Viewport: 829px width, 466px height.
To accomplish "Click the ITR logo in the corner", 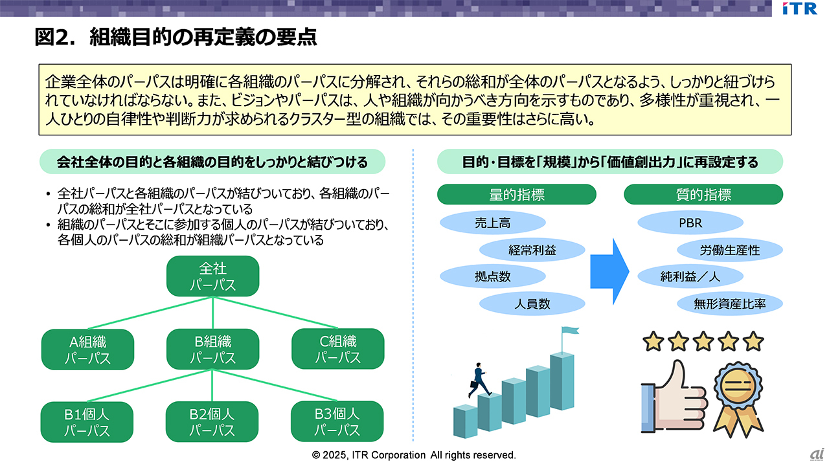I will pyautogui.click(x=799, y=8).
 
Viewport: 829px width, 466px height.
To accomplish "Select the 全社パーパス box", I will pyautogui.click(x=212, y=276).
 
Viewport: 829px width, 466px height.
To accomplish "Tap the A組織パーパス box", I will pyautogui.click(x=87, y=349).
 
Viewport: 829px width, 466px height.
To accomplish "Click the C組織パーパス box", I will pyautogui.click(x=337, y=349).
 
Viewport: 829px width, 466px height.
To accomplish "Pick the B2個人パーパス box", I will pyautogui.click(x=212, y=422).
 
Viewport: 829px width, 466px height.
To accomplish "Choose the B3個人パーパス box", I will pyautogui.click(x=337, y=422).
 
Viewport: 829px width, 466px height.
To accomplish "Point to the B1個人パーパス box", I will pyautogui.click(x=87, y=422).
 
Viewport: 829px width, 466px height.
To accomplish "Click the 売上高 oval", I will pyautogui.click(x=492, y=223).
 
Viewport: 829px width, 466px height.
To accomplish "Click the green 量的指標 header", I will pyautogui.click(x=516, y=195).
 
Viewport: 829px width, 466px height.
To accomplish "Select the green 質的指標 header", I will pyautogui.click(x=703, y=195).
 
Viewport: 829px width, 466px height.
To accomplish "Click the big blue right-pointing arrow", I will pyautogui.click(x=609, y=263).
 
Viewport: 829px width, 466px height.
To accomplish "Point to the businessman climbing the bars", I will pyautogui.click(x=478, y=379).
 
